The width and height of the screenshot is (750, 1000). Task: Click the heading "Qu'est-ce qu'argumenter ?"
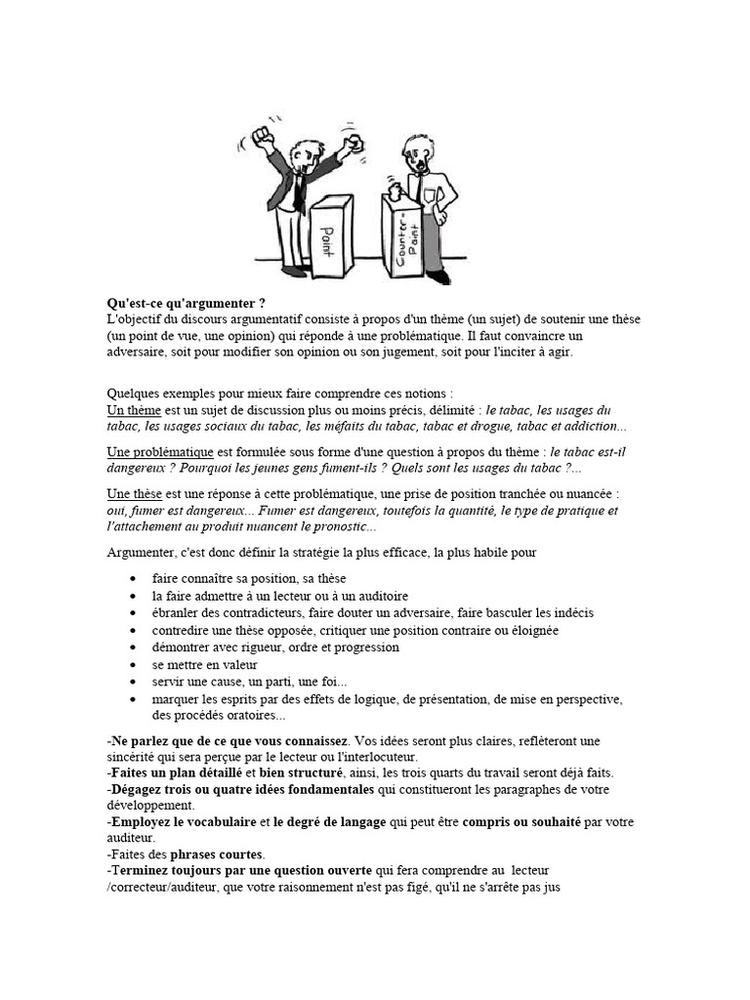187,305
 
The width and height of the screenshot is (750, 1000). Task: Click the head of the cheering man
302,154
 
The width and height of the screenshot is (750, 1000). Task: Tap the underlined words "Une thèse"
134,494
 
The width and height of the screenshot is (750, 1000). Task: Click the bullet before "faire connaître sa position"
133,579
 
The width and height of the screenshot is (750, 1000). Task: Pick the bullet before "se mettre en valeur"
133,665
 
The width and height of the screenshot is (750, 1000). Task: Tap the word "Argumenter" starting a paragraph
141,554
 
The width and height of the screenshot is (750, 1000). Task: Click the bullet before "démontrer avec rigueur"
133,647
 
